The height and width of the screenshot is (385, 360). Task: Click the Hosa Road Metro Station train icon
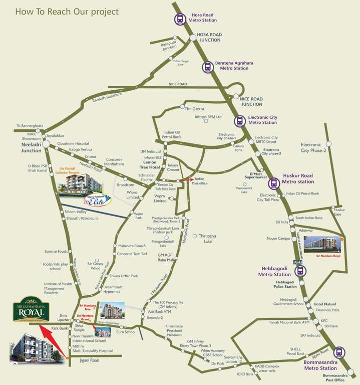click(x=179, y=20)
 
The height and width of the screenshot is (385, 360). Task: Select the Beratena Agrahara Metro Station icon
click(x=207, y=66)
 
